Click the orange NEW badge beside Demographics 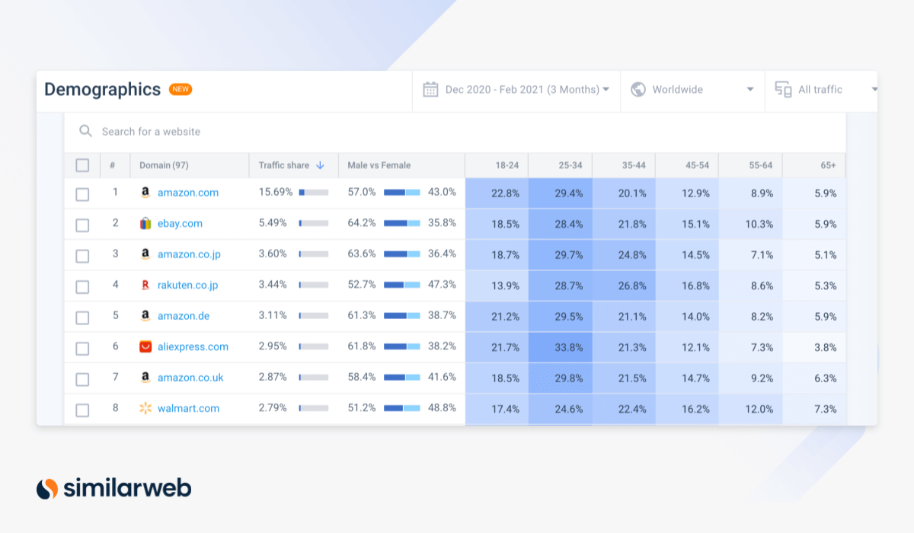181,89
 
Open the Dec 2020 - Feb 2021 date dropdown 516,90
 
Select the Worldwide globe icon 638,89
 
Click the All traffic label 820,90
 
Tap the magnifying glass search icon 85,131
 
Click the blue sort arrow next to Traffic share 321,165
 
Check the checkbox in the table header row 82,165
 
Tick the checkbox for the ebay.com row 82,225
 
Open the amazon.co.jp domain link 189,254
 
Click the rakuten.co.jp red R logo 145,285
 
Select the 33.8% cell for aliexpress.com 561,347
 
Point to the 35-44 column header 634,165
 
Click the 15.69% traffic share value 276,192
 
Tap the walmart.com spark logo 145,408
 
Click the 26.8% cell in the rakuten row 624,286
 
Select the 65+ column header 829,165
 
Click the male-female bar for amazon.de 402,316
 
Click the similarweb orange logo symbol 47,489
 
